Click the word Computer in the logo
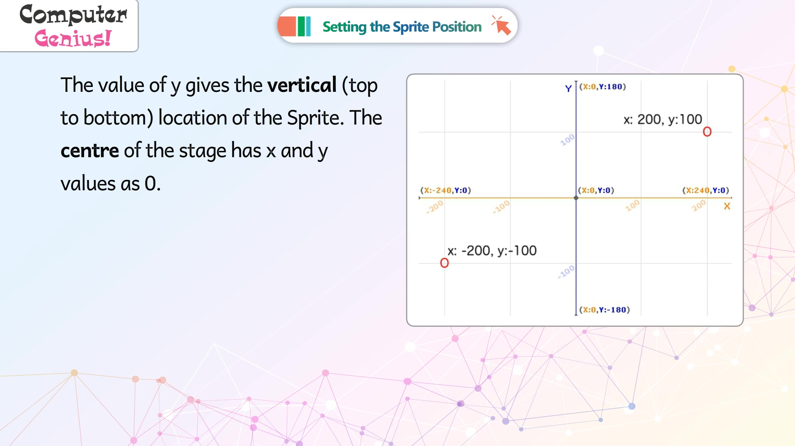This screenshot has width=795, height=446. (73, 15)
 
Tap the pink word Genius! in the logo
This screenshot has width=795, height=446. (73, 38)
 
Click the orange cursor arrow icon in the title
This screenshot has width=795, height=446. (501, 25)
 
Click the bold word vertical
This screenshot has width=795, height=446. (302, 85)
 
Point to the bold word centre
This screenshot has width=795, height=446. (90, 151)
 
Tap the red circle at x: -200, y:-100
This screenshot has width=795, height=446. (444, 263)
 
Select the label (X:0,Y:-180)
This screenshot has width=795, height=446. (605, 310)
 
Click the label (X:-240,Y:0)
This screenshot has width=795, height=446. (446, 190)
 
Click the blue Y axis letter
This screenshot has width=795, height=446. (569, 88)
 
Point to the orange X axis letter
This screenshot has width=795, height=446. (727, 206)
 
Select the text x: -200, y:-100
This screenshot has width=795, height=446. (492, 251)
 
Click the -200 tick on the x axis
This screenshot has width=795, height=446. (435, 206)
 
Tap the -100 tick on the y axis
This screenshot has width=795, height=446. (566, 271)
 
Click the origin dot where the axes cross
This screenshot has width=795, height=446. (576, 198)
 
